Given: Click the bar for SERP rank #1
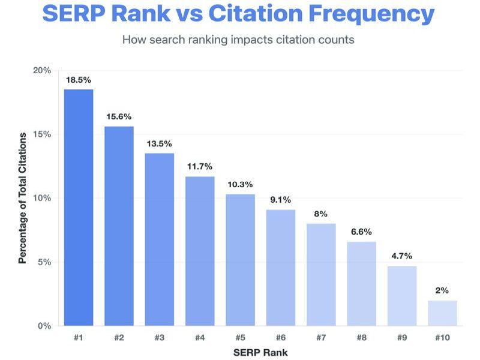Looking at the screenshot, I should coord(79,208).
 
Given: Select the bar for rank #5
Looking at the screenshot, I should coord(241,260).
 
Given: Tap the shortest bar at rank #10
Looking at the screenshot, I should coord(442,313).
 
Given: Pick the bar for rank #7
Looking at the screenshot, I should coord(321,275).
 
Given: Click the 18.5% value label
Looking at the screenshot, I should coord(79,79).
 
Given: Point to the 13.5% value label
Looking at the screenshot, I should coord(160,143).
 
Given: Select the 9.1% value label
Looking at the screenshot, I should coord(281,200).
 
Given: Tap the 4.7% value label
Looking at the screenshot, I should coord(401,256).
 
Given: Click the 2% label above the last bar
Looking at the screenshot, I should coord(442,290).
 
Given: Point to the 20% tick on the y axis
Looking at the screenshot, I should coord(42,70).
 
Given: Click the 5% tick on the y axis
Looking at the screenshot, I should coord(44,262).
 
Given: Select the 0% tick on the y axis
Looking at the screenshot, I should coord(44,326).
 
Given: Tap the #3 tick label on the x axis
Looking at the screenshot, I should coord(160,338).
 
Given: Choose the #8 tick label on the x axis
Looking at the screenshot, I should coord(361,338).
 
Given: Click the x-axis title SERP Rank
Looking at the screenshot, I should coord(260,352).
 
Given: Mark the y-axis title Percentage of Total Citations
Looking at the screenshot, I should coord(23,199).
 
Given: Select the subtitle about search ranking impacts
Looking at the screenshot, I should coord(238,40).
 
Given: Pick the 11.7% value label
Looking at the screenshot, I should coord(200,166).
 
